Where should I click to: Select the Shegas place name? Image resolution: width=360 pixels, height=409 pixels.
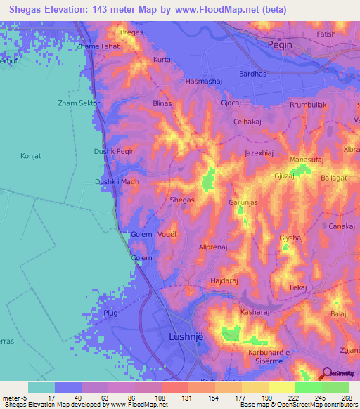click(182, 200)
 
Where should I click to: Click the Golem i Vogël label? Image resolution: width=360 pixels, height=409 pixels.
click(153, 234)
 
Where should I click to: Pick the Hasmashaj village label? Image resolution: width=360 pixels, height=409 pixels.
click(203, 82)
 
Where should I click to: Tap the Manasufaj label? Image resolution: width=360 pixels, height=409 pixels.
click(307, 160)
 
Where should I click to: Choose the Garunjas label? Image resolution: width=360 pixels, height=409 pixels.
click(244, 202)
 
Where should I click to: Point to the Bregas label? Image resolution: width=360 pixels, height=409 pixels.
click(131, 32)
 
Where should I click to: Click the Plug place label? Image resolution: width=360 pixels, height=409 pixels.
click(110, 312)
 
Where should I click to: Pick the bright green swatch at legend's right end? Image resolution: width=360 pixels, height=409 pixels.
click(335, 387)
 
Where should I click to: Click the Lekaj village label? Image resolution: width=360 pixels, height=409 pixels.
click(298, 287)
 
